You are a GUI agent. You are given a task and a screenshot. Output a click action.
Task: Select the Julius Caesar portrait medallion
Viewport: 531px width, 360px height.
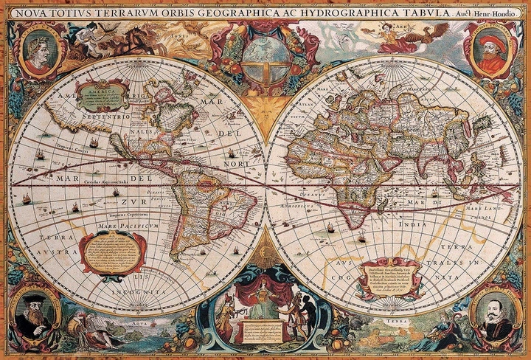click(x=38, y=50)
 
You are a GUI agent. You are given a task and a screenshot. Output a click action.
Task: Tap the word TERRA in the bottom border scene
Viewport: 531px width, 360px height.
click(x=398, y=323)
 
